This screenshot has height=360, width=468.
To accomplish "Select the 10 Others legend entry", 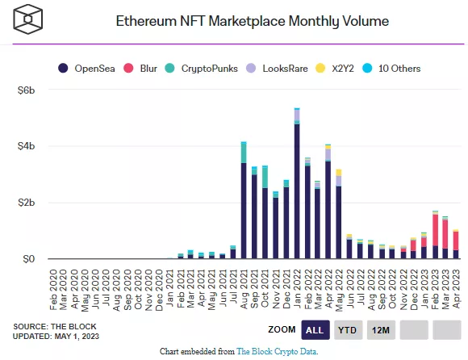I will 399,69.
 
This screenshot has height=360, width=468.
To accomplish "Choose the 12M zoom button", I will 382,329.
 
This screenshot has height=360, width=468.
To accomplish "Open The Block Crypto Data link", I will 277,352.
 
